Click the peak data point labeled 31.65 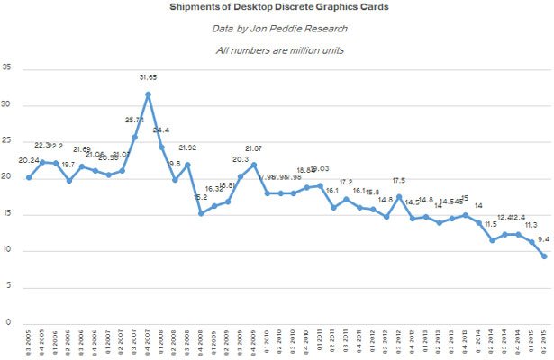tap(148, 94)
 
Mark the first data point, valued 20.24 tap(29, 177)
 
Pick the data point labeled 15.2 tap(201, 213)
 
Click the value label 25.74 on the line tap(133, 120)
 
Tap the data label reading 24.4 tap(162, 130)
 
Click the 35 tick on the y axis tap(8, 67)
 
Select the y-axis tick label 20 tap(8, 177)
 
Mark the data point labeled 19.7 tap(68, 181)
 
